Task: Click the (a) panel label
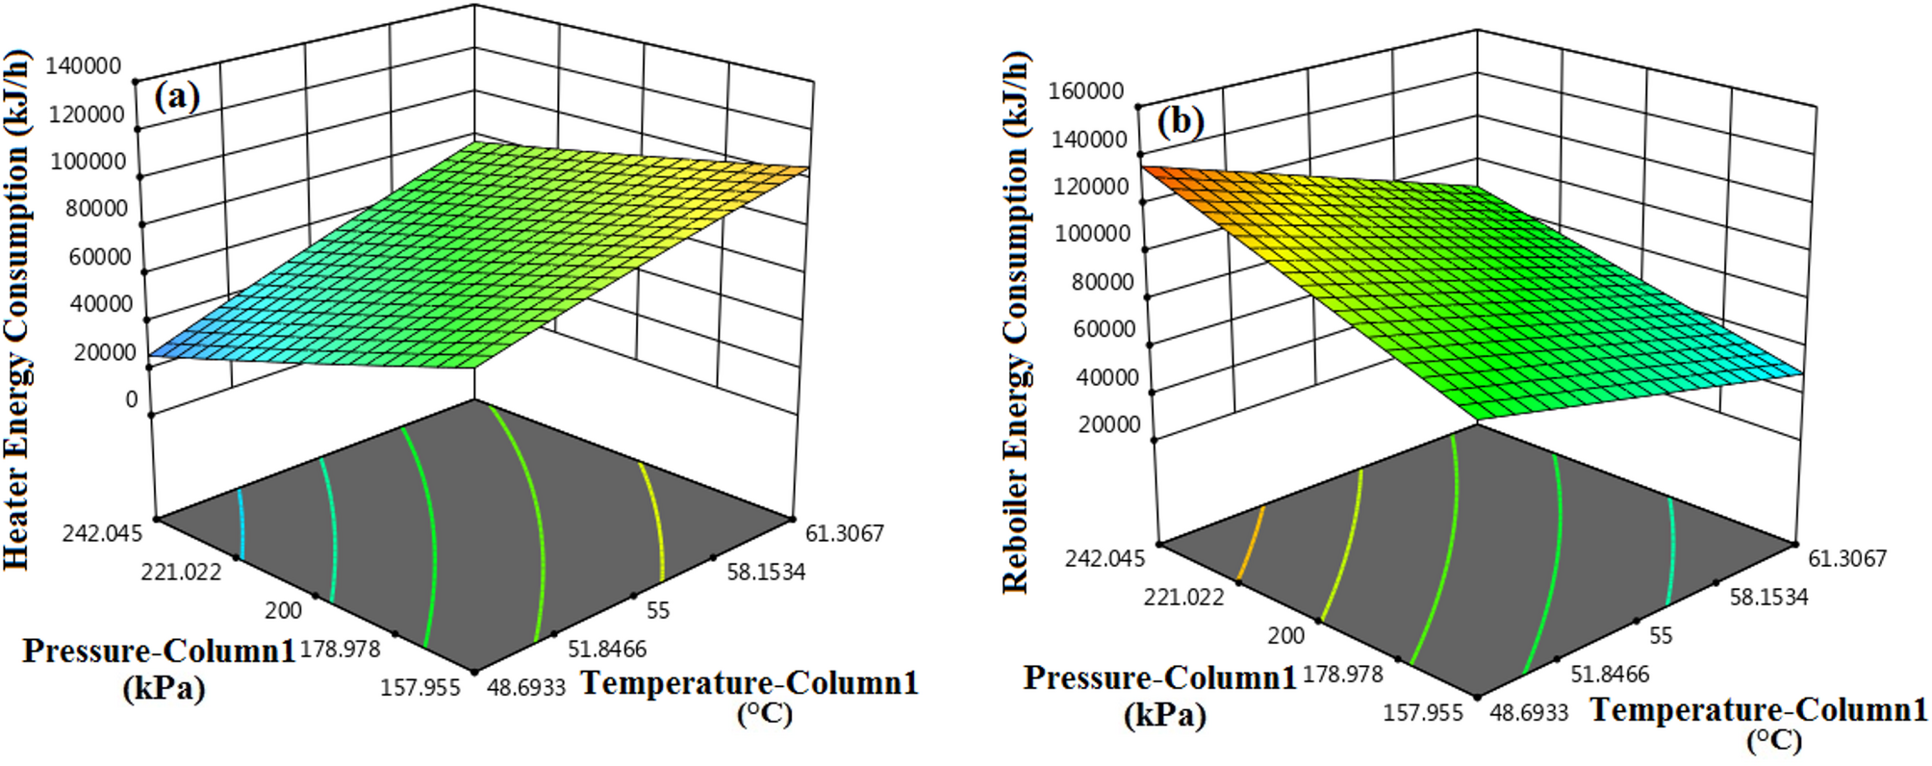pyautogui.click(x=177, y=97)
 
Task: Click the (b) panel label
pyautogui.click(x=1180, y=122)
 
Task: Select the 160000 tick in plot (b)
pyautogui.click(x=1086, y=90)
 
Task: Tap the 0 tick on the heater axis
pyautogui.click(x=132, y=399)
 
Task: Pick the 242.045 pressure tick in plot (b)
pyautogui.click(x=1106, y=558)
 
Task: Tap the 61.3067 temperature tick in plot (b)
pyautogui.click(x=1847, y=558)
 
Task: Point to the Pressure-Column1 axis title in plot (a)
pyautogui.click(x=160, y=652)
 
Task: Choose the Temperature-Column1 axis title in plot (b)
pyautogui.click(x=1758, y=711)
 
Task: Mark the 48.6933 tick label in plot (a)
pyautogui.click(x=526, y=687)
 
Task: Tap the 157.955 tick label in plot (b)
pyautogui.click(x=1423, y=712)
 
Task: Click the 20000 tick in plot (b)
pyautogui.click(x=1108, y=424)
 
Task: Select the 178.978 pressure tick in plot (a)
pyautogui.click(x=341, y=649)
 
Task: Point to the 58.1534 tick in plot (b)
pyautogui.click(x=1768, y=597)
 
